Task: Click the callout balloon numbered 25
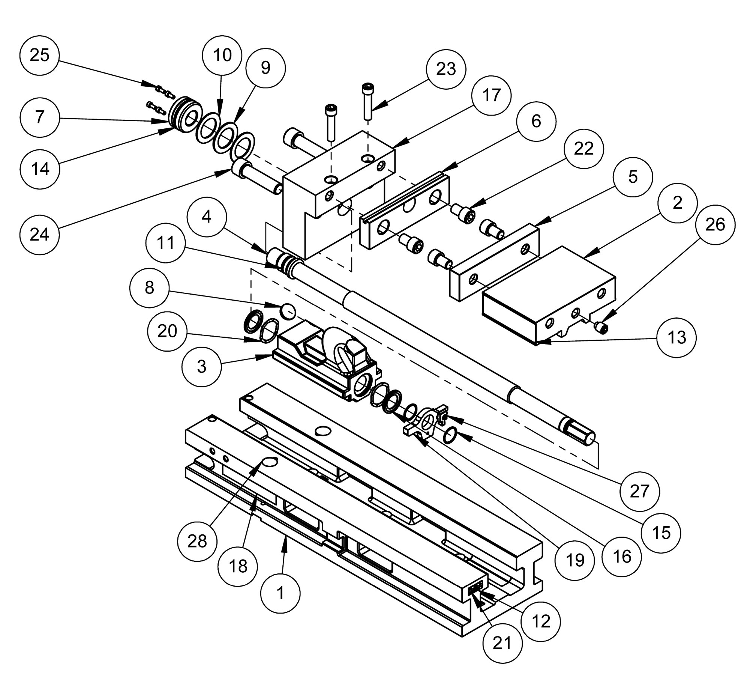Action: tap(39, 55)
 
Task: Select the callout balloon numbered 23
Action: tap(446, 69)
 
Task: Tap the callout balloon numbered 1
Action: tap(280, 593)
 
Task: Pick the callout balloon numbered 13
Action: tap(677, 338)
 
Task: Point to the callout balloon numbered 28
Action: tap(197, 542)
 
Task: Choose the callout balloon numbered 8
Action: tap(149, 288)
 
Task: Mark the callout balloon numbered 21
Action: tap(502, 644)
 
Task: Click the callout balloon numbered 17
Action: tap(492, 95)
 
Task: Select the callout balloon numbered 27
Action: tap(639, 492)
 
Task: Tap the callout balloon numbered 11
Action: tap(166, 243)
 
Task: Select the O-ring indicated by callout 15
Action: tap(450, 436)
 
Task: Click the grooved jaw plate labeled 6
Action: tap(404, 211)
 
